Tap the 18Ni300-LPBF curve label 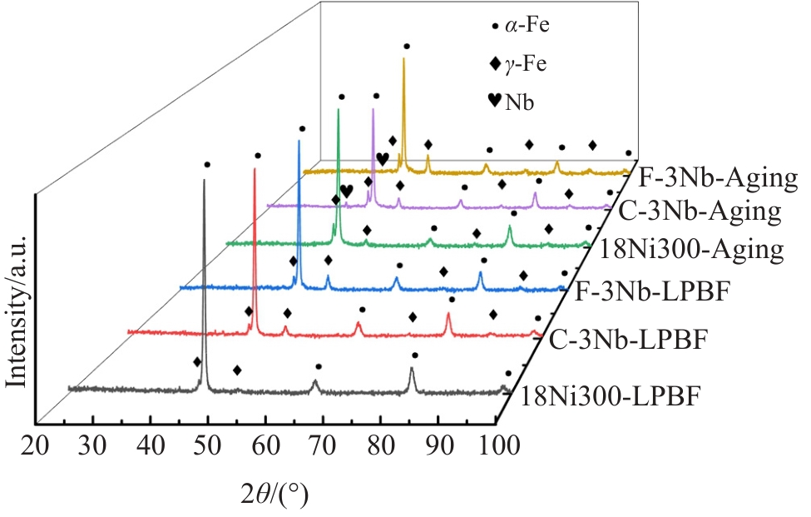(x=611, y=395)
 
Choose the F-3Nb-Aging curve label (x=719, y=177)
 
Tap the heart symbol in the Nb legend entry (x=494, y=101)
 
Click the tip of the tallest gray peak (x=204, y=180)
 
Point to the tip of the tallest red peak (x=255, y=170)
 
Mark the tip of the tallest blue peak (x=299, y=142)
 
